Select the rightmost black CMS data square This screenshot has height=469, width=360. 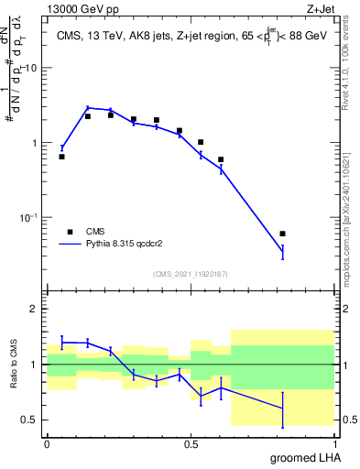click(282, 234)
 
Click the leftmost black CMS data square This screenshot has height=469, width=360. click(61, 157)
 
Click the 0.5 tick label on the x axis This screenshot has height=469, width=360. click(191, 443)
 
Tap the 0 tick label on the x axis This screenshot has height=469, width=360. click(47, 443)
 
